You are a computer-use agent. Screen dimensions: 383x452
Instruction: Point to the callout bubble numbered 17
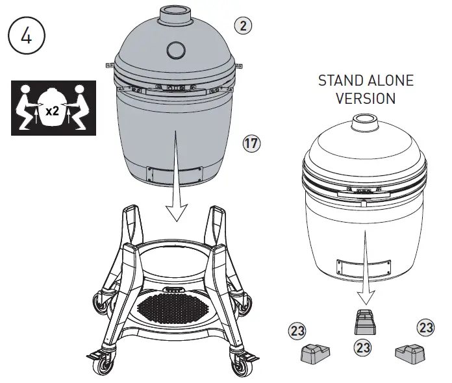tap(251, 143)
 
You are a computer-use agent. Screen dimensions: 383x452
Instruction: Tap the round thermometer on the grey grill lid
tap(175, 51)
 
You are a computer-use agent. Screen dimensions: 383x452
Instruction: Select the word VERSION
tap(366, 99)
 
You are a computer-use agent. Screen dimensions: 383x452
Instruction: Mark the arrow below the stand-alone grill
tap(366, 286)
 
